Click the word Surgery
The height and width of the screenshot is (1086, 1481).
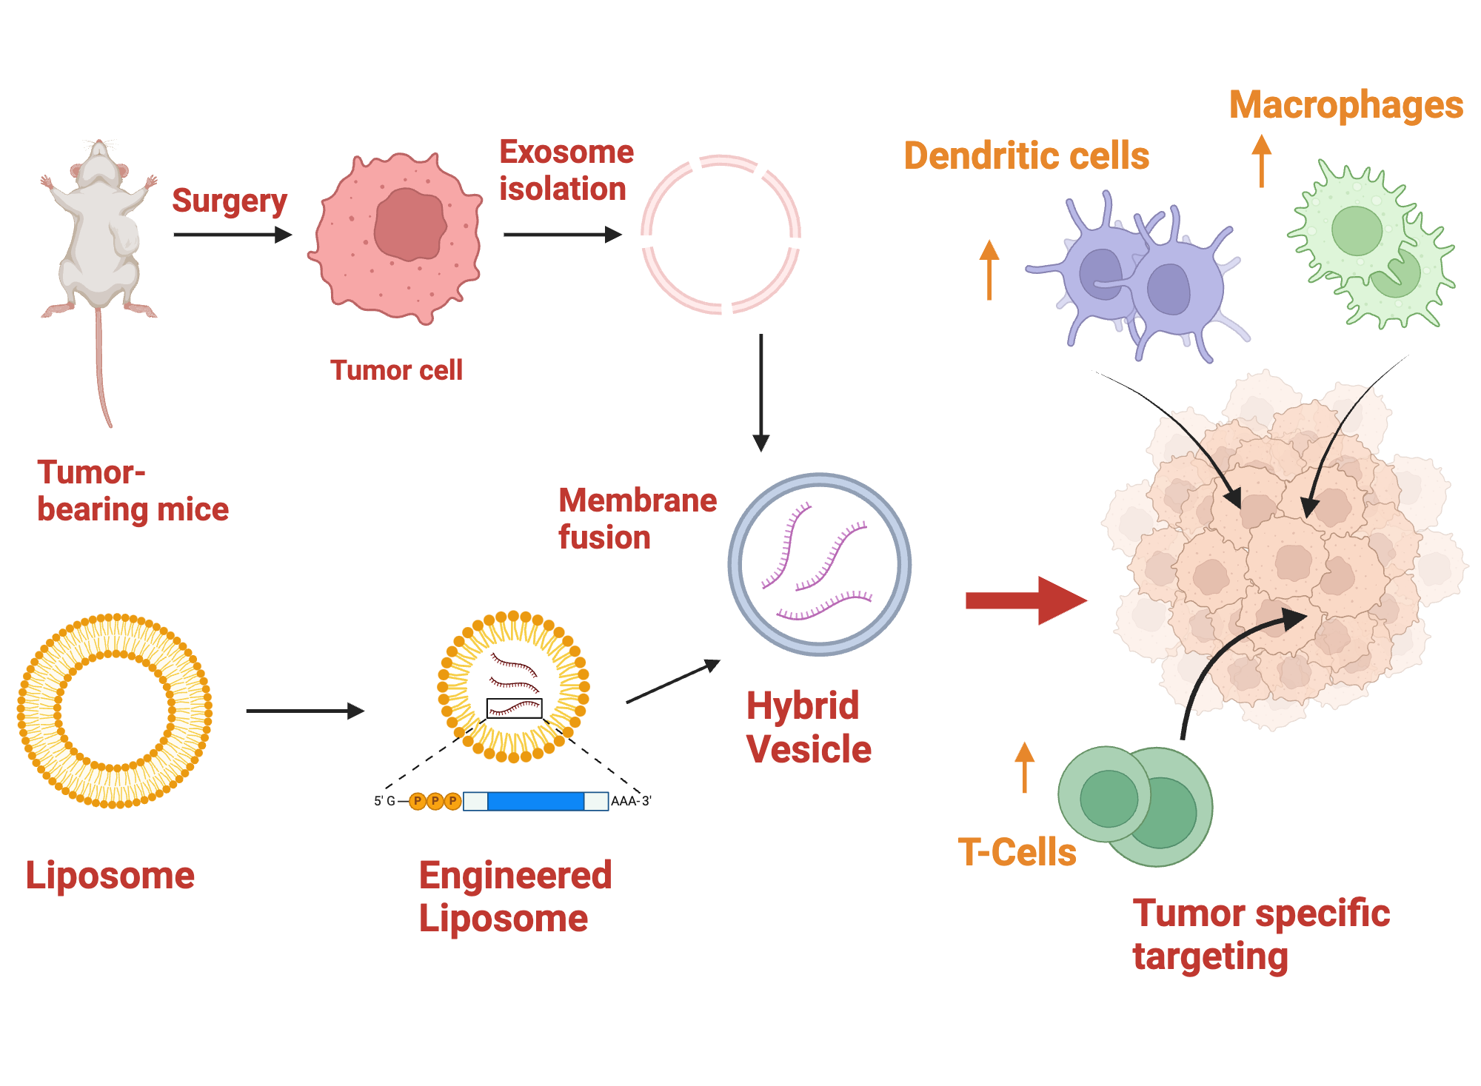point(229,201)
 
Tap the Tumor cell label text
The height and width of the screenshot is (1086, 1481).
point(396,370)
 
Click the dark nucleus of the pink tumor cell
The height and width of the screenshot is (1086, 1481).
point(409,223)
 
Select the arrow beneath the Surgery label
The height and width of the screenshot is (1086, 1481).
point(232,235)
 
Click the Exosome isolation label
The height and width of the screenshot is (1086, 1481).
point(566,170)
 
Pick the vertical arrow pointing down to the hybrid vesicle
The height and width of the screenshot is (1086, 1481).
point(760,392)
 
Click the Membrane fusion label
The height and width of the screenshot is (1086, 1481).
point(637,518)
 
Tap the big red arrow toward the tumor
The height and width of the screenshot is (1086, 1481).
point(1025,600)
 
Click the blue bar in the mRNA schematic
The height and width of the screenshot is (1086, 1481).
point(535,801)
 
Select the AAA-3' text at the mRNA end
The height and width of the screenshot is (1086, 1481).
point(631,801)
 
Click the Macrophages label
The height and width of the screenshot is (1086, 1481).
point(1345,104)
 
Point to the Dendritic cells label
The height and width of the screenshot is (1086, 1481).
point(1026,156)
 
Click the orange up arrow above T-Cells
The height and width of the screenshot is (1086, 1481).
point(1024,767)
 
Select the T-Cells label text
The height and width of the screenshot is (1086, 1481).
point(1016,852)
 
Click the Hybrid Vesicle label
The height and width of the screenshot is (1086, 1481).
point(808,727)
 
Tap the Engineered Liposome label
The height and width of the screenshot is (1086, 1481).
point(515,896)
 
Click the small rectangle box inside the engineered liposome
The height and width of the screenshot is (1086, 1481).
point(514,708)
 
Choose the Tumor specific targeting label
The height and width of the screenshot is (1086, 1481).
point(1260,934)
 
